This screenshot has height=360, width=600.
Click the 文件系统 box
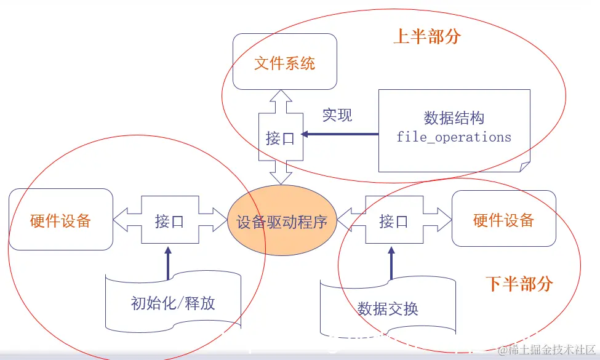pyautogui.click(x=285, y=63)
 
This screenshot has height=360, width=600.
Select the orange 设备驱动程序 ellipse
pyautogui.click(x=281, y=222)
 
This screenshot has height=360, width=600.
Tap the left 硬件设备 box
pyautogui.click(x=60, y=220)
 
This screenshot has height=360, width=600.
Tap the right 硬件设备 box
pyautogui.click(x=503, y=220)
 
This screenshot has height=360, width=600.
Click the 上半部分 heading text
pyautogui.click(x=427, y=36)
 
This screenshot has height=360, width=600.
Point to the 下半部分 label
pyautogui.click(x=519, y=284)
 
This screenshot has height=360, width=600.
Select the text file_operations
pyautogui.click(x=454, y=137)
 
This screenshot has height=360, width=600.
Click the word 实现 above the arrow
pyautogui.click(x=337, y=115)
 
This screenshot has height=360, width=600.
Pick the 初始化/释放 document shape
pyautogui.click(x=173, y=302)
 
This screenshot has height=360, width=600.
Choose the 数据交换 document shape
pyautogui.click(x=388, y=308)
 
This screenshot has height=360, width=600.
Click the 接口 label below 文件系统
pyautogui.click(x=280, y=138)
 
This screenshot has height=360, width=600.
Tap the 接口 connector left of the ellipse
pyautogui.click(x=169, y=221)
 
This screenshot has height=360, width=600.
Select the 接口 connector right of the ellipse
pyautogui.click(x=393, y=221)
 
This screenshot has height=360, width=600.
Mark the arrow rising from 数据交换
pyautogui.click(x=391, y=263)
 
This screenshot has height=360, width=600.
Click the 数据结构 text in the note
pyautogui.click(x=454, y=118)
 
